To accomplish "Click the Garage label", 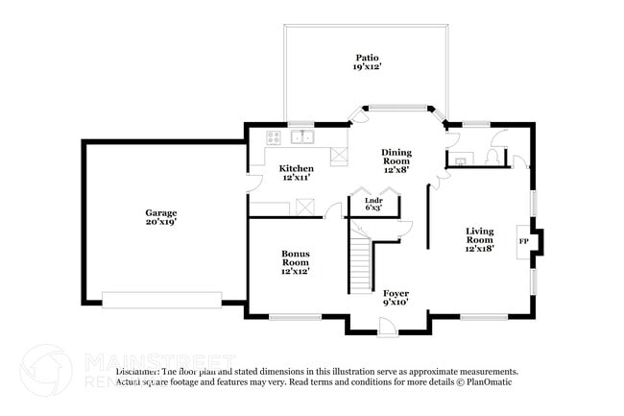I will coord(160,212).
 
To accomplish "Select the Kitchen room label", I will coord(296,168).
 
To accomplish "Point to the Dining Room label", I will coord(396,153).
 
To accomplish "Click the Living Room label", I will coord(479,232).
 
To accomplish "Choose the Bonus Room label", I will coord(295,255).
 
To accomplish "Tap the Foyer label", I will coord(396,293).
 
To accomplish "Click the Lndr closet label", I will coord(373,200).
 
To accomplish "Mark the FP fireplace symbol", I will coord(523,241).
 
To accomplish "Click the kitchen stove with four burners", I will coord(273,136).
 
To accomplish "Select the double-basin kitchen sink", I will coord(303,135).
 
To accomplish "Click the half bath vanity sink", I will coord(461,160).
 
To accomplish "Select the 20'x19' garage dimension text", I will coord(160,221).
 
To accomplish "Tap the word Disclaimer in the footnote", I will coord(137,371).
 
